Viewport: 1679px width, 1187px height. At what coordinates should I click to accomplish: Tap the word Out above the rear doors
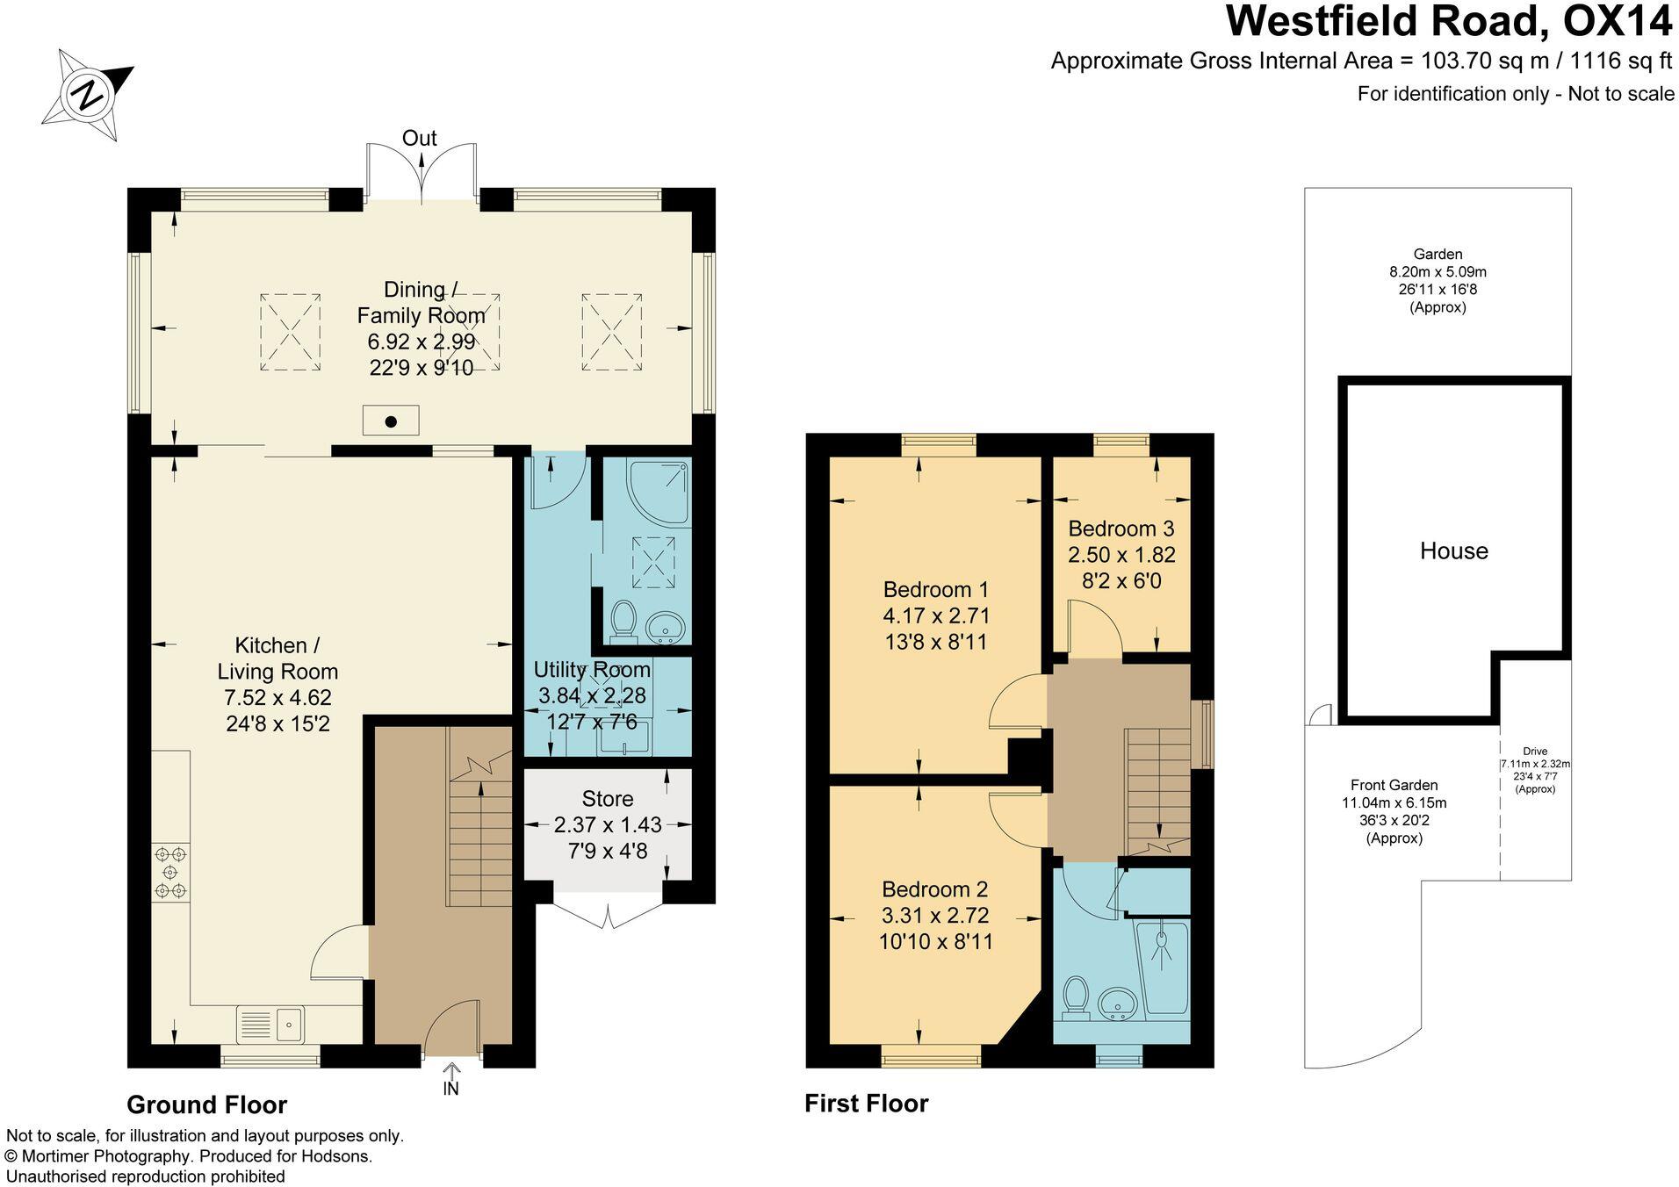click(419, 138)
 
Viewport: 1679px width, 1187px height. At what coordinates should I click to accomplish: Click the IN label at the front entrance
click(450, 1089)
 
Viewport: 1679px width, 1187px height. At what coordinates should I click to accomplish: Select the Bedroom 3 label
click(1121, 529)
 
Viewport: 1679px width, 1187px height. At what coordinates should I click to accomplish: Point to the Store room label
click(607, 799)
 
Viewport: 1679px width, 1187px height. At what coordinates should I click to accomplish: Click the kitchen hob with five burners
click(170, 872)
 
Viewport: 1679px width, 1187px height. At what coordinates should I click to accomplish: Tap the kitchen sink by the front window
click(270, 1024)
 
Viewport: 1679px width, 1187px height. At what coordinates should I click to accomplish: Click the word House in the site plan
click(1453, 551)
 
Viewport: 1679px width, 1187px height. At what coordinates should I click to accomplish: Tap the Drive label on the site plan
click(1535, 752)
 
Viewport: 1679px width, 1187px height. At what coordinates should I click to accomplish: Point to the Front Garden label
click(1394, 785)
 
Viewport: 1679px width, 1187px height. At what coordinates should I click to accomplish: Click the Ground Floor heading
click(206, 1104)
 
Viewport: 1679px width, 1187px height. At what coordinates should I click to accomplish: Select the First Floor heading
click(866, 1104)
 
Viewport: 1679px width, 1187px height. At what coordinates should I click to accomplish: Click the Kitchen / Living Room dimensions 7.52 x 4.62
click(277, 698)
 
